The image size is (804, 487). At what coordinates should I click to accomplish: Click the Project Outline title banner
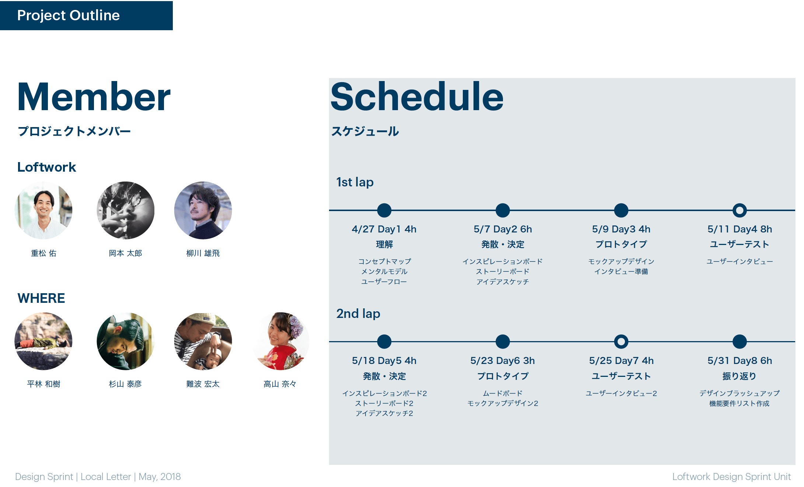click(x=86, y=15)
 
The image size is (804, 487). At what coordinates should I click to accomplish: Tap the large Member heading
click(x=94, y=97)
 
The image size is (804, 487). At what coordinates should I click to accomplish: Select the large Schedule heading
click(x=417, y=96)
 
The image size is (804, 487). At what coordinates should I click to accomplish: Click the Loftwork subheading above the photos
click(x=47, y=167)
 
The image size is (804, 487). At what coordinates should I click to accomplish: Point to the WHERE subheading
click(x=41, y=298)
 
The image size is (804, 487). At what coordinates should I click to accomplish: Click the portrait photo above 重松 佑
click(x=43, y=210)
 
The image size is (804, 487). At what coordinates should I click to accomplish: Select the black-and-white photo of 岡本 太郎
click(x=126, y=210)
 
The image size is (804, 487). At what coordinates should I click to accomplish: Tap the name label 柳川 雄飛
click(x=203, y=253)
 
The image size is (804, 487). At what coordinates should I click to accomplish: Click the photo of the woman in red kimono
click(x=280, y=341)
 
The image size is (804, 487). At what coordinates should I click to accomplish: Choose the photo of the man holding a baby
click(x=203, y=341)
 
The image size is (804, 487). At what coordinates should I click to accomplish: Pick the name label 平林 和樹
click(x=43, y=384)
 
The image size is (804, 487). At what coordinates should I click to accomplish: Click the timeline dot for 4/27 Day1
click(x=384, y=210)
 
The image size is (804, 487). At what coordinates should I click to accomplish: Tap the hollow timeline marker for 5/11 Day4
click(x=740, y=210)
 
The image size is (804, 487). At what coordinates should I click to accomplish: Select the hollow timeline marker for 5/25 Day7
click(x=621, y=341)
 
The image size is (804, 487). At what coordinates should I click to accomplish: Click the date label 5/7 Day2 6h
click(x=503, y=229)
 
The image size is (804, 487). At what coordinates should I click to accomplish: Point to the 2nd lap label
click(x=358, y=313)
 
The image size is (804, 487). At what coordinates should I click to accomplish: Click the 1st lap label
click(x=355, y=182)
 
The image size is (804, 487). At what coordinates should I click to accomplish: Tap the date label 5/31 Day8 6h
click(x=740, y=361)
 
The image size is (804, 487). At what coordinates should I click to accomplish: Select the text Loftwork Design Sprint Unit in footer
click(x=731, y=477)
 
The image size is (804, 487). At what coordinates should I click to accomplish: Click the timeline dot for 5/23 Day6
click(x=503, y=341)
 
